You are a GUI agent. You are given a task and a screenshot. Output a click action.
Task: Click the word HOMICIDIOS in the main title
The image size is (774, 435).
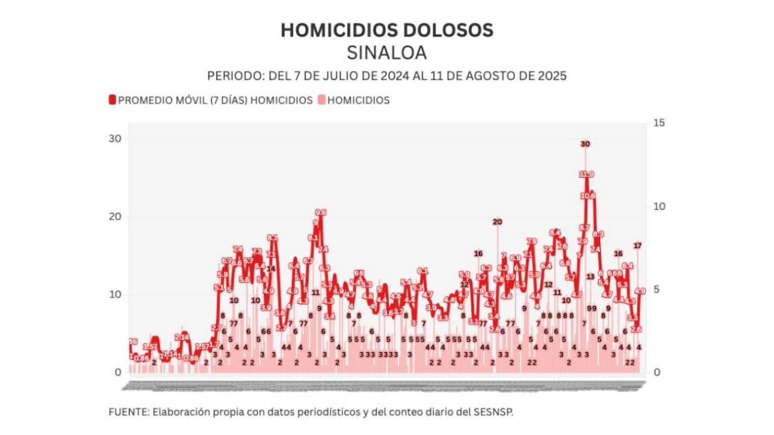pyautogui.click(x=329, y=30)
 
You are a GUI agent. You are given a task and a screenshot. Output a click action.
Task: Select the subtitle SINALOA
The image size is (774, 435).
pyautogui.click(x=386, y=53)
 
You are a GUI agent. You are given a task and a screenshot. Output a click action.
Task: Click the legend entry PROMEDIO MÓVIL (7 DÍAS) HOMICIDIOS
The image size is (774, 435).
pyautogui.click(x=215, y=100)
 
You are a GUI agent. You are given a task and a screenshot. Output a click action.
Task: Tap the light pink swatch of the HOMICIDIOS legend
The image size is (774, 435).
pyautogui.click(x=321, y=100)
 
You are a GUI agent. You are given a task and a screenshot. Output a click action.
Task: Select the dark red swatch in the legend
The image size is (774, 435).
pyautogui.click(x=112, y=100)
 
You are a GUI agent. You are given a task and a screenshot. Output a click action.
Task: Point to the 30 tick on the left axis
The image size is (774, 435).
pyautogui.click(x=114, y=139)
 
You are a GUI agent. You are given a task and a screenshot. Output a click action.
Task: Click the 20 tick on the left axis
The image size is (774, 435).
pyautogui.click(x=114, y=217)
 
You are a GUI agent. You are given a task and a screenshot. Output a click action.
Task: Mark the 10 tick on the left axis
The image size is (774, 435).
pyautogui.click(x=114, y=295)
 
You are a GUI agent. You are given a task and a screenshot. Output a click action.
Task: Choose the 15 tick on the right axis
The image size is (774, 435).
pyautogui.click(x=659, y=123)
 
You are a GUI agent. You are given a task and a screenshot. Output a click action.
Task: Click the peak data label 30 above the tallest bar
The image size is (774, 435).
pyautogui.click(x=585, y=144)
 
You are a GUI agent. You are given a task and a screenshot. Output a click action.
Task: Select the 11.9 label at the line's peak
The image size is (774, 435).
pyautogui.click(x=586, y=174)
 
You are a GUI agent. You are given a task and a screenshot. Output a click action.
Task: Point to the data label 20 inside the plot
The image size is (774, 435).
pyautogui.click(x=497, y=222)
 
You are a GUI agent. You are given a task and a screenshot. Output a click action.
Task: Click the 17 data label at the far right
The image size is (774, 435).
pyautogui.click(x=638, y=245)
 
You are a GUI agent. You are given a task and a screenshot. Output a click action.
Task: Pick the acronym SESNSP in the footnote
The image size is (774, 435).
pyautogui.click(x=495, y=412)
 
